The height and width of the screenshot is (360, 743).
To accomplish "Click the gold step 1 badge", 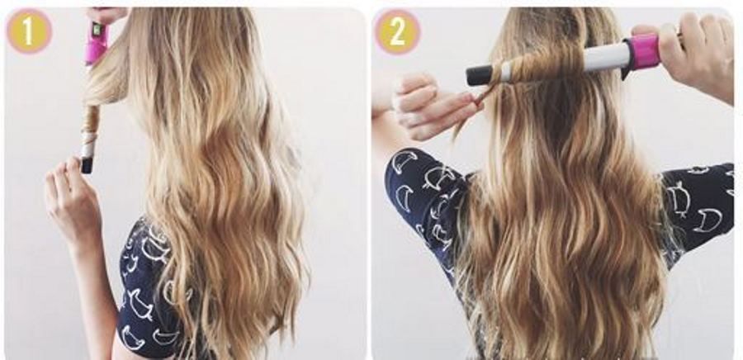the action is [x=28, y=31].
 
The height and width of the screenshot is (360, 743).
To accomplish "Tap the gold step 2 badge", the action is [x=397, y=31].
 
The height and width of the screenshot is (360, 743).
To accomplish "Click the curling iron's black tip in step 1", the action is [x=87, y=165].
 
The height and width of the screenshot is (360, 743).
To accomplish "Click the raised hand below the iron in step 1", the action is [x=72, y=199].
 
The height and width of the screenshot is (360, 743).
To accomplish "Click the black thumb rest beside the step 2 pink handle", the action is [x=627, y=70].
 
